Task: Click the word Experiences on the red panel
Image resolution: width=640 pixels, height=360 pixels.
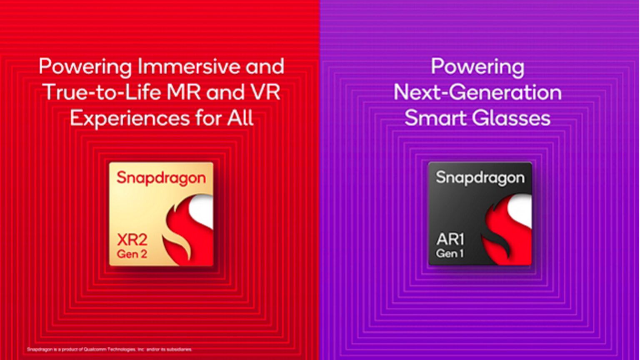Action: (130, 118)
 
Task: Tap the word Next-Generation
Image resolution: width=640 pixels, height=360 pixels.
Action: (477, 92)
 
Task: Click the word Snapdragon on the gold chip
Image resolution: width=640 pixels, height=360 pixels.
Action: (161, 178)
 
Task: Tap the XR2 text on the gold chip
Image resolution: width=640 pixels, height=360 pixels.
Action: (132, 240)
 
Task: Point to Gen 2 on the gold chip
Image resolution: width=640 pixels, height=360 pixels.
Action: (132, 254)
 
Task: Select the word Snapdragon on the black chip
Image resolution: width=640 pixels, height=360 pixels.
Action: (480, 178)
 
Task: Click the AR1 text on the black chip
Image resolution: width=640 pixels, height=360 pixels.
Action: (450, 239)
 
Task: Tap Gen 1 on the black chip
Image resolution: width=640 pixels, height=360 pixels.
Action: (450, 253)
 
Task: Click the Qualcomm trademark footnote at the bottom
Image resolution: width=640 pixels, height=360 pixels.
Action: (109, 349)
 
